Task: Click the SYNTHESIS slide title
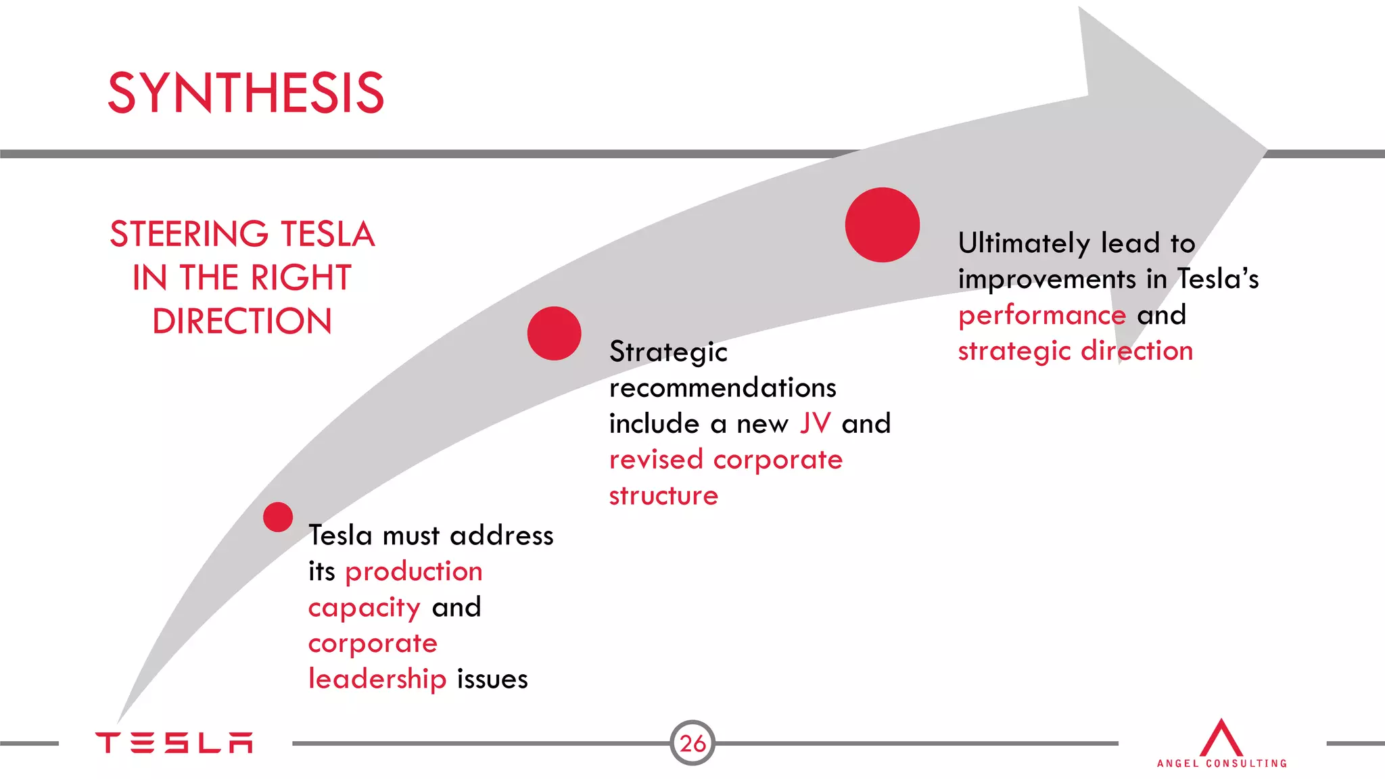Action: [x=246, y=93]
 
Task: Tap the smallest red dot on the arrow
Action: [x=278, y=517]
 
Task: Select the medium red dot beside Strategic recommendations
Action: [x=555, y=333]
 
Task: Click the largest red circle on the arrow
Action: [x=883, y=225]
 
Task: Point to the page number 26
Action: [x=692, y=743]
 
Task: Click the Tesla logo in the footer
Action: [x=174, y=742]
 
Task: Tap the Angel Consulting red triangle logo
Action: [x=1221, y=738]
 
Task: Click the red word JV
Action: [x=815, y=423]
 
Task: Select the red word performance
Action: [x=1042, y=316]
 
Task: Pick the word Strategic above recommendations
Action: [x=668, y=352]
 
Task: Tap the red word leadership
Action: [x=377, y=679]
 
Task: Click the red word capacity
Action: [x=365, y=608]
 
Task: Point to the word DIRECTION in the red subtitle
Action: [x=242, y=321]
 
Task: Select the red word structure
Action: [x=663, y=496]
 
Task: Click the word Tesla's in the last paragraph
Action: [x=1218, y=279]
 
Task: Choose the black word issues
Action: [x=492, y=679]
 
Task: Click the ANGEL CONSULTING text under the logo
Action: [x=1221, y=763]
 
